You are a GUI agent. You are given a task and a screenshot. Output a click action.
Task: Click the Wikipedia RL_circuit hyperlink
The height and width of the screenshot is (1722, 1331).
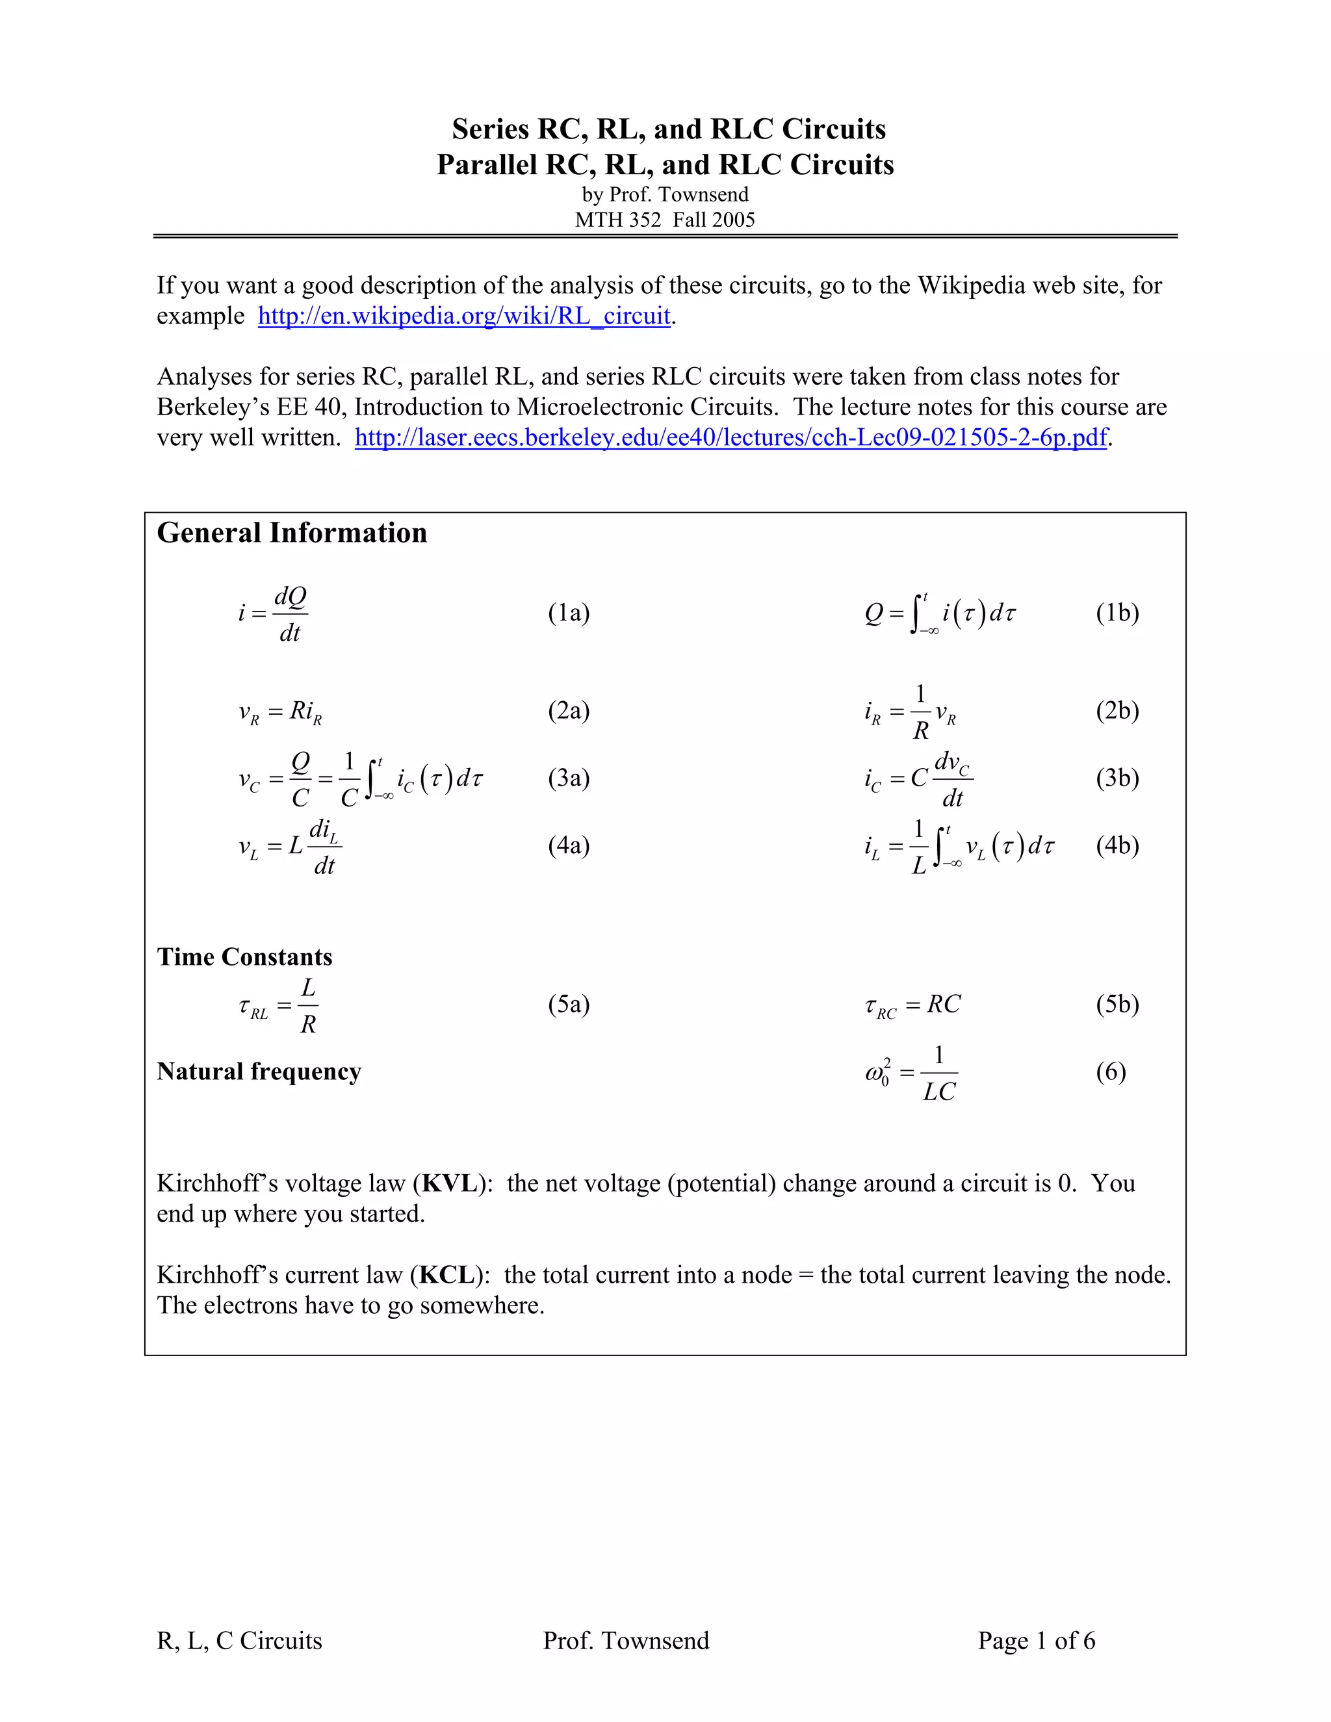[x=463, y=316]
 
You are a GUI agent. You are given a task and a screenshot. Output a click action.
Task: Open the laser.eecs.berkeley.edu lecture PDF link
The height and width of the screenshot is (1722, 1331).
[x=731, y=437]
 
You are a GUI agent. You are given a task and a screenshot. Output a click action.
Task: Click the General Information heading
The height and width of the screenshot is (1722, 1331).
[x=292, y=533]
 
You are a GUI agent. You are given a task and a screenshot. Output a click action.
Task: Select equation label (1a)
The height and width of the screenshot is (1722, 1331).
[x=569, y=613]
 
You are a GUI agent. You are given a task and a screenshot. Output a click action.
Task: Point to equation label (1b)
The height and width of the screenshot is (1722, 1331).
[x=1117, y=613]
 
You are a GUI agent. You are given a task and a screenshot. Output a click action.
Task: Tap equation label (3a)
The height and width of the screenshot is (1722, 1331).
[x=569, y=778]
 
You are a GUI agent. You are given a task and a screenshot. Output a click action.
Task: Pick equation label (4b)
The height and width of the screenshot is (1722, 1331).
[x=1117, y=845]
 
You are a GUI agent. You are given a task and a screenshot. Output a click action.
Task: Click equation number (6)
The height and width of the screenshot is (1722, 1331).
[x=1110, y=1072]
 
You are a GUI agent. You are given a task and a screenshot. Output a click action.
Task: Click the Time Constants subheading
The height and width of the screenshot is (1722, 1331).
[x=244, y=957]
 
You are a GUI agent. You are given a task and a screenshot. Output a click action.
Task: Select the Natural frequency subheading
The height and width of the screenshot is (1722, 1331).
[x=259, y=1072]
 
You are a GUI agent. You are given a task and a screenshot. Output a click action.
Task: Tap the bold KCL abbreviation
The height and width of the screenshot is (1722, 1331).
[x=448, y=1275]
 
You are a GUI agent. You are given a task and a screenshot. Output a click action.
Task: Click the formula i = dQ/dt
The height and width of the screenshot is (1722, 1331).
[x=273, y=614]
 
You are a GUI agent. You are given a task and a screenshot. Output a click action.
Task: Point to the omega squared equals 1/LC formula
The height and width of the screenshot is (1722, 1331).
[x=912, y=1073]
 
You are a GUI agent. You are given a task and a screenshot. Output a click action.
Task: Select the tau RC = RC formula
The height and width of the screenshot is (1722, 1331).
[x=912, y=1005]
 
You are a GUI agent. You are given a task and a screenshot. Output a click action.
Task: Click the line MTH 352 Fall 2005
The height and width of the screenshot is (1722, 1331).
[x=665, y=220]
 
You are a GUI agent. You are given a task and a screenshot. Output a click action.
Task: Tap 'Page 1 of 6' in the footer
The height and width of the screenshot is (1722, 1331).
[x=1036, y=1641]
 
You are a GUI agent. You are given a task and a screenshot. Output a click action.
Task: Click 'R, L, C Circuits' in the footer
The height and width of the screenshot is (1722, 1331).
[x=240, y=1641]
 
